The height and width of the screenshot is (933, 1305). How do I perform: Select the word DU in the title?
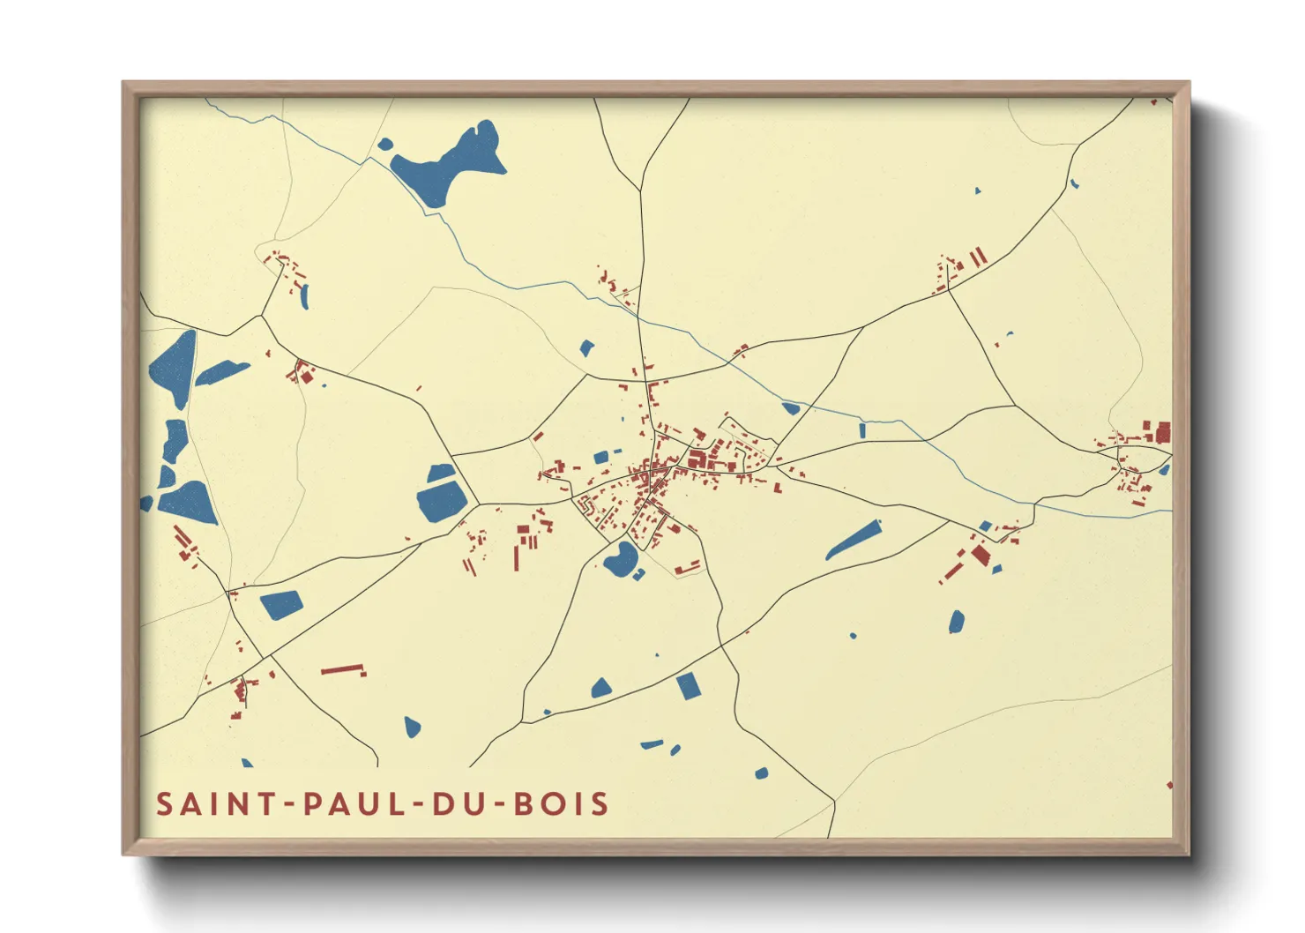(450, 804)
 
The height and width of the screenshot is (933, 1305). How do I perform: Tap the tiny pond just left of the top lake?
(384, 144)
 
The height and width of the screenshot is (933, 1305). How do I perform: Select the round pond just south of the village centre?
(620, 559)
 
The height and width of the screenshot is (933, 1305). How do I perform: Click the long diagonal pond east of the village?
(853, 540)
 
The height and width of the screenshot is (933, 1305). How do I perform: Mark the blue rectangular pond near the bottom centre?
(688, 685)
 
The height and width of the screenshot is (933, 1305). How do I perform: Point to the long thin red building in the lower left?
(343, 669)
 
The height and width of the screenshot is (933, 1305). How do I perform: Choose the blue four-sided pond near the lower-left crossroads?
(281, 604)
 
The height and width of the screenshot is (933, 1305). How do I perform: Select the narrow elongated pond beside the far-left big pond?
(221, 373)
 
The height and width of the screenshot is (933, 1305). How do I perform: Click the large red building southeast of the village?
(981, 555)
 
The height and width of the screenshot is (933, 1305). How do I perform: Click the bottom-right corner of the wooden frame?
(1188, 854)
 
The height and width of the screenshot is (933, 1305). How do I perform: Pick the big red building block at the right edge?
(1164, 433)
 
